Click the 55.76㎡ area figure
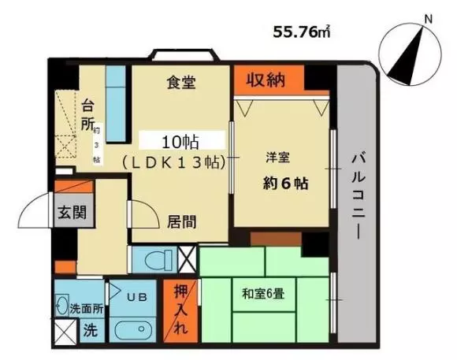302,32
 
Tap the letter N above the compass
428,19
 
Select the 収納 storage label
266,80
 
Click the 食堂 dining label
181,82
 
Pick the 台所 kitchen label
87,115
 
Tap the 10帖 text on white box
180,143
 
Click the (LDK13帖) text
174,162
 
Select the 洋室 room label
278,158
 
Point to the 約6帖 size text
285,184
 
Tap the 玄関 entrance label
72,212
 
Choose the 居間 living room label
181,222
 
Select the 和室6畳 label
263,294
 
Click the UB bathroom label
136,297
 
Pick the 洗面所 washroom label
87,309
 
